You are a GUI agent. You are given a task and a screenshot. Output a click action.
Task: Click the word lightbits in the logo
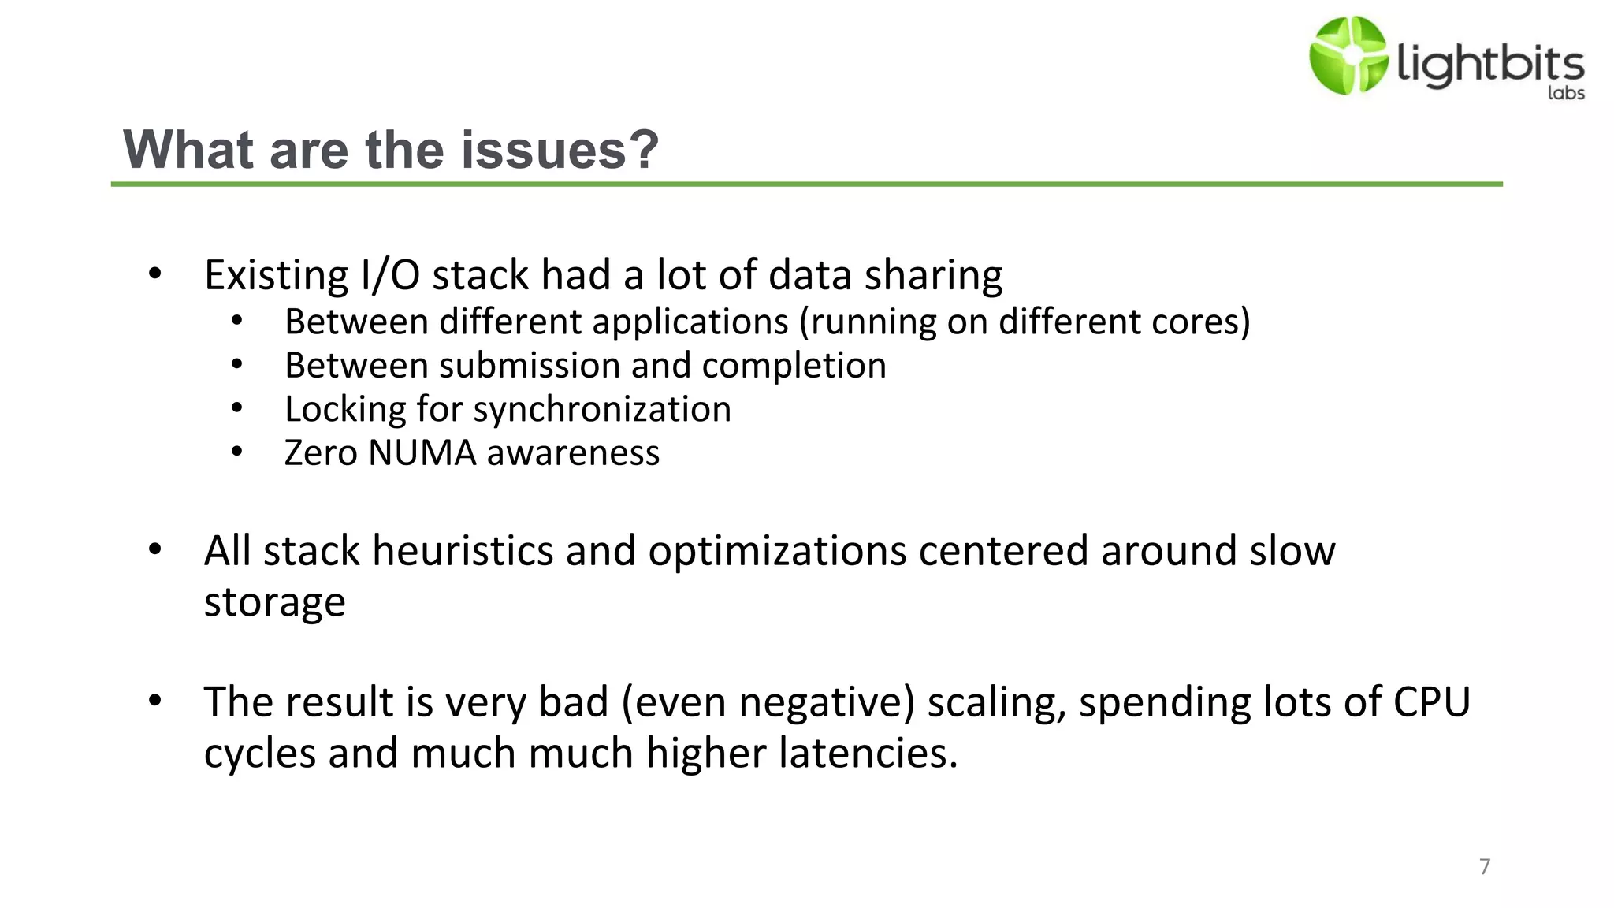[1490, 63]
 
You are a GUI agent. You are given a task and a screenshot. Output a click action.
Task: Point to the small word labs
[1566, 93]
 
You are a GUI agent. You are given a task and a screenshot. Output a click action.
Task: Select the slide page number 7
[1485, 866]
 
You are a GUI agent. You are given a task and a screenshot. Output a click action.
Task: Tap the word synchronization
[602, 410]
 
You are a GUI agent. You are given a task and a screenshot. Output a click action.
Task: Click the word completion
[794, 366]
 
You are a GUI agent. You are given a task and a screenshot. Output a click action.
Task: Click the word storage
[274, 603]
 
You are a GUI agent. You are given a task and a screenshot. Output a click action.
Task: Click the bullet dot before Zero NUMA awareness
[237, 452]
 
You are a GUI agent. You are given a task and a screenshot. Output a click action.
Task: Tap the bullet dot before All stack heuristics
[155, 549]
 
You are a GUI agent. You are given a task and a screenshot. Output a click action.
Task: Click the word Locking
[344, 410]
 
